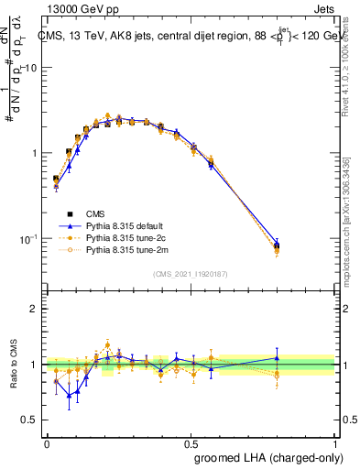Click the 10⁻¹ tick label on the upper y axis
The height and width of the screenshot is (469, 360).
(x=28, y=239)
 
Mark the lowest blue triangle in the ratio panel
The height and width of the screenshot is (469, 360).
(x=69, y=396)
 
